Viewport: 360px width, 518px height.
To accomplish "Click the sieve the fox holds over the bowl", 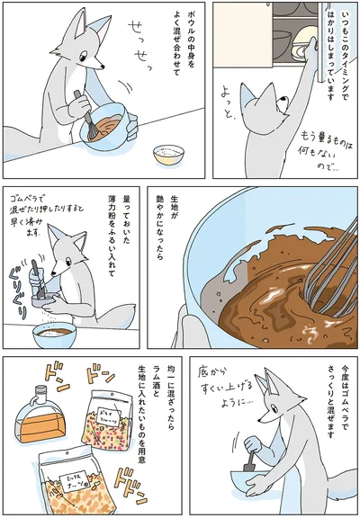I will point(41,293).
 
